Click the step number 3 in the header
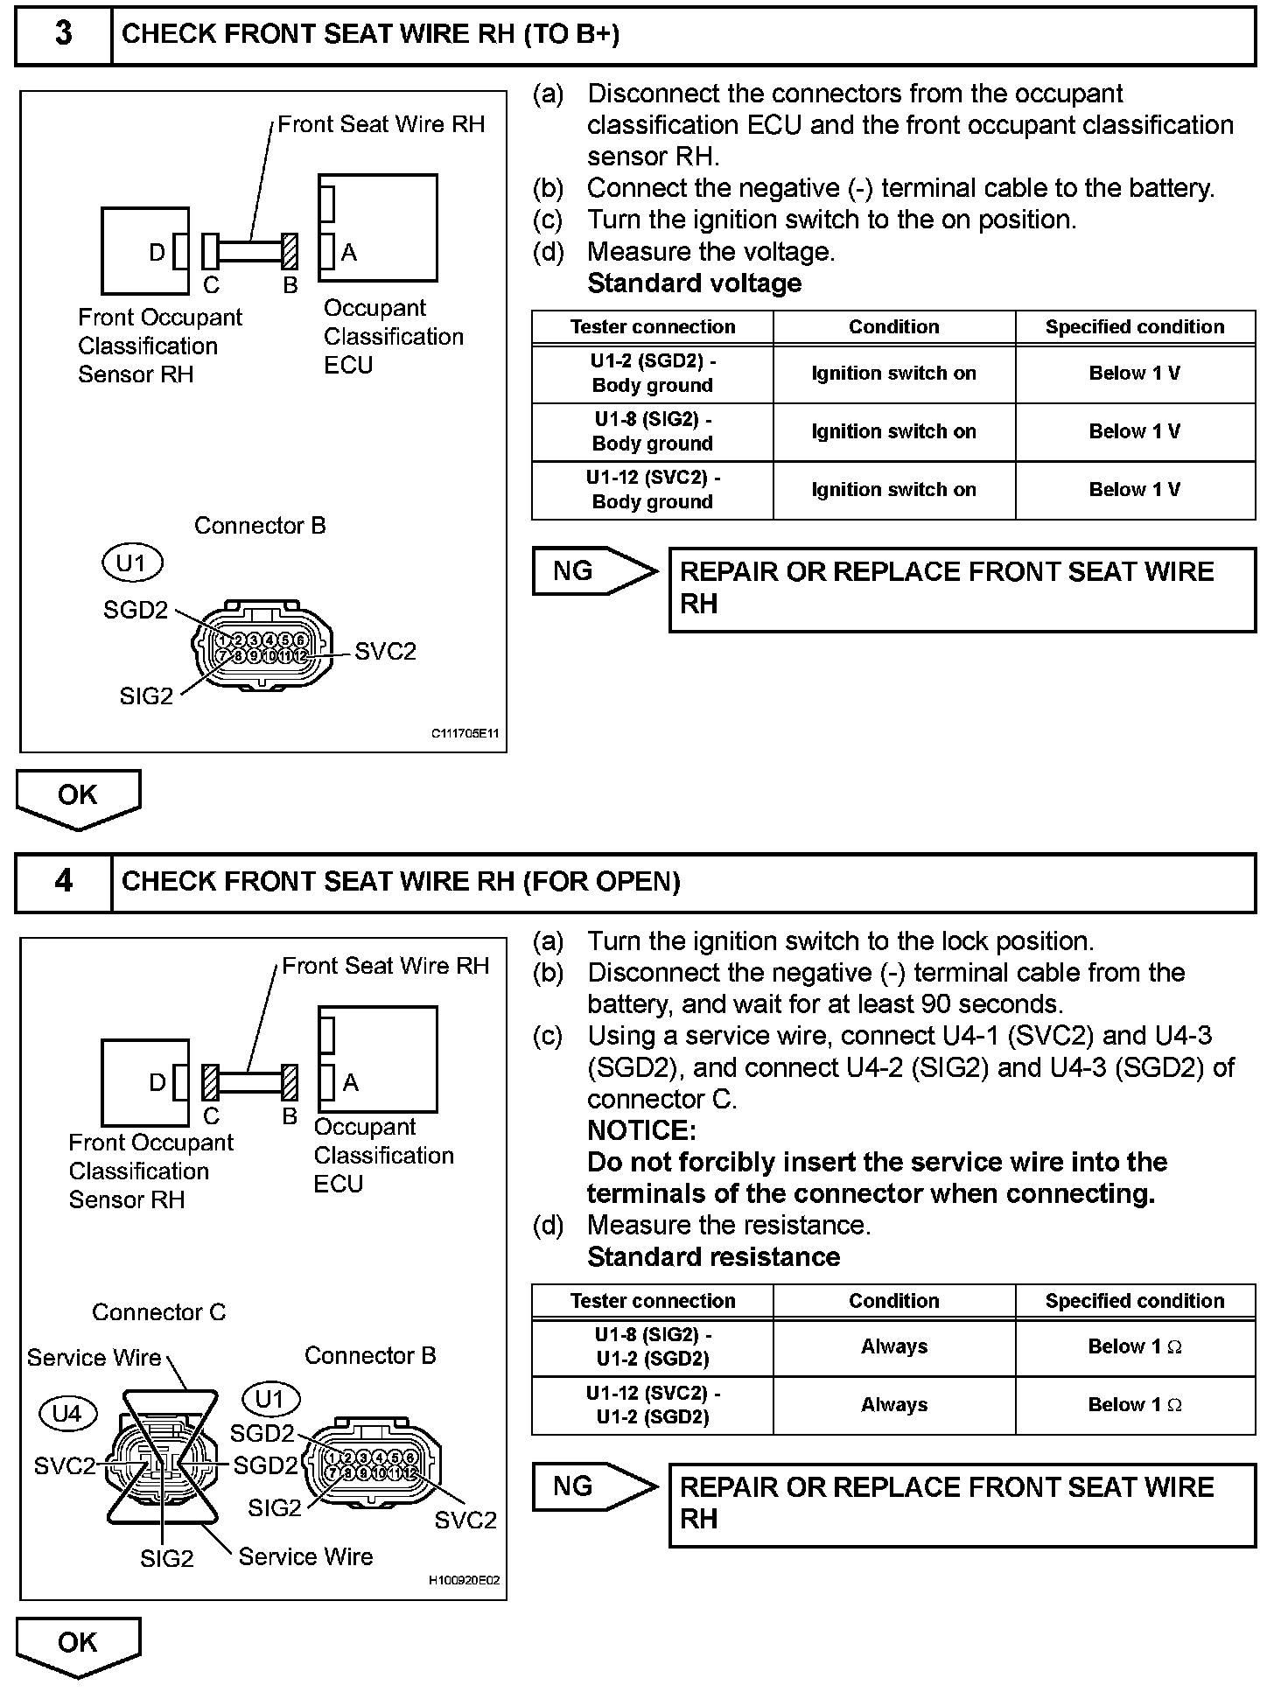tap(64, 34)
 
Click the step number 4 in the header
tap(64, 881)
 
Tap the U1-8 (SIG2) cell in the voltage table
tap(652, 431)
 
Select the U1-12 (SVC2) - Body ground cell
tap(652, 490)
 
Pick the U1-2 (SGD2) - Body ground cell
tap(652, 373)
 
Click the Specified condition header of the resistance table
tap(1134, 1301)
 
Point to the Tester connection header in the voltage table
tap(652, 327)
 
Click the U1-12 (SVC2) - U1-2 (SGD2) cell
tap(652, 1405)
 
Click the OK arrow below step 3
tap(78, 797)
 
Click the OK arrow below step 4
tap(78, 1645)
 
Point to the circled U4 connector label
tap(66, 1413)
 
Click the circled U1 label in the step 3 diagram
tap(131, 563)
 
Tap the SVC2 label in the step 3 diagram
tap(385, 652)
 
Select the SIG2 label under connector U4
tap(166, 1558)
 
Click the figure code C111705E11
tap(465, 734)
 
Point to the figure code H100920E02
tap(464, 1581)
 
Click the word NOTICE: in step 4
tap(641, 1130)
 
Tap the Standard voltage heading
tap(694, 283)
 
